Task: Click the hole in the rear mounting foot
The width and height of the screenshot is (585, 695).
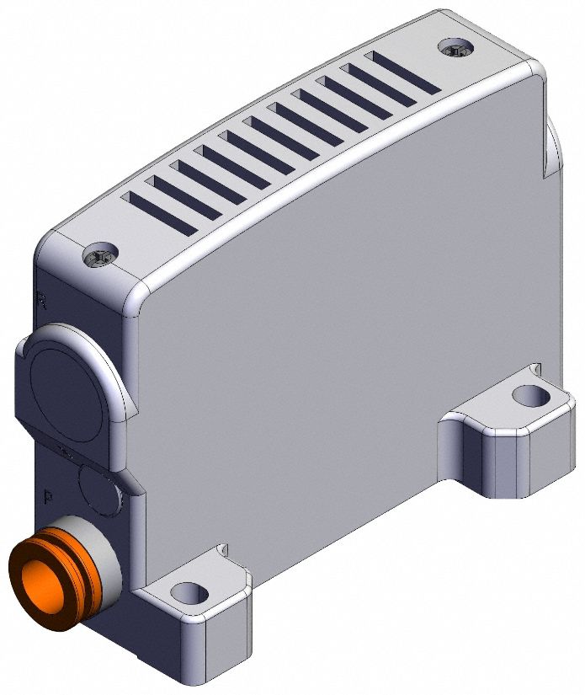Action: click(x=528, y=394)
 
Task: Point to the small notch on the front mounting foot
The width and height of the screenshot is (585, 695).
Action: click(x=222, y=551)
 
